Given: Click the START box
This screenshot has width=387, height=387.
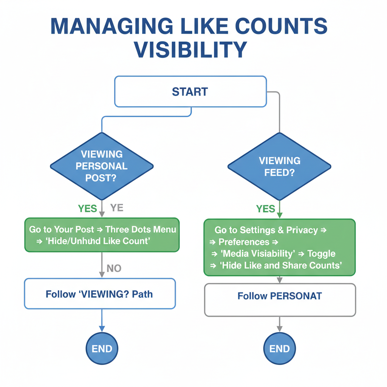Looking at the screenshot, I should (x=190, y=91).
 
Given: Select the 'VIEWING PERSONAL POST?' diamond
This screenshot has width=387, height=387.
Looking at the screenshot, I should (x=102, y=166).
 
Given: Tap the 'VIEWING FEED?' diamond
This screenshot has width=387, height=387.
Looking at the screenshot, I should (x=279, y=166).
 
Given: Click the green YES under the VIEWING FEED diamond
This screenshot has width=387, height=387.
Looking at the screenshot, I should (x=265, y=209).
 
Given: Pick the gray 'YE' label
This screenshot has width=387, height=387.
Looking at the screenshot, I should (x=117, y=208).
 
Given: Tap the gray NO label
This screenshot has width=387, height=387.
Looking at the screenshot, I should (x=114, y=268).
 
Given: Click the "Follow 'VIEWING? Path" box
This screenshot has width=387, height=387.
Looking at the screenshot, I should (x=100, y=294).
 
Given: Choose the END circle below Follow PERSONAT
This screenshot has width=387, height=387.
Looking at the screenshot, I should (x=280, y=348).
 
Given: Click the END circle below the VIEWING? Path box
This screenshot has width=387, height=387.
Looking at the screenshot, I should (x=102, y=348).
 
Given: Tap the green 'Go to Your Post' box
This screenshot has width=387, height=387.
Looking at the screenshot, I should (x=102, y=235).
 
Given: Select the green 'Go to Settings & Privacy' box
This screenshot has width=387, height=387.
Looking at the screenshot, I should (x=279, y=248).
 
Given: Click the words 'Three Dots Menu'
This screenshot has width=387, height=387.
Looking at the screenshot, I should (x=141, y=229).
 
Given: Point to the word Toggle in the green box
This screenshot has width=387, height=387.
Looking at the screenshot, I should (x=321, y=254).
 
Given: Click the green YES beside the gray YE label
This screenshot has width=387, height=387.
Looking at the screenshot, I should (x=87, y=208).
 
